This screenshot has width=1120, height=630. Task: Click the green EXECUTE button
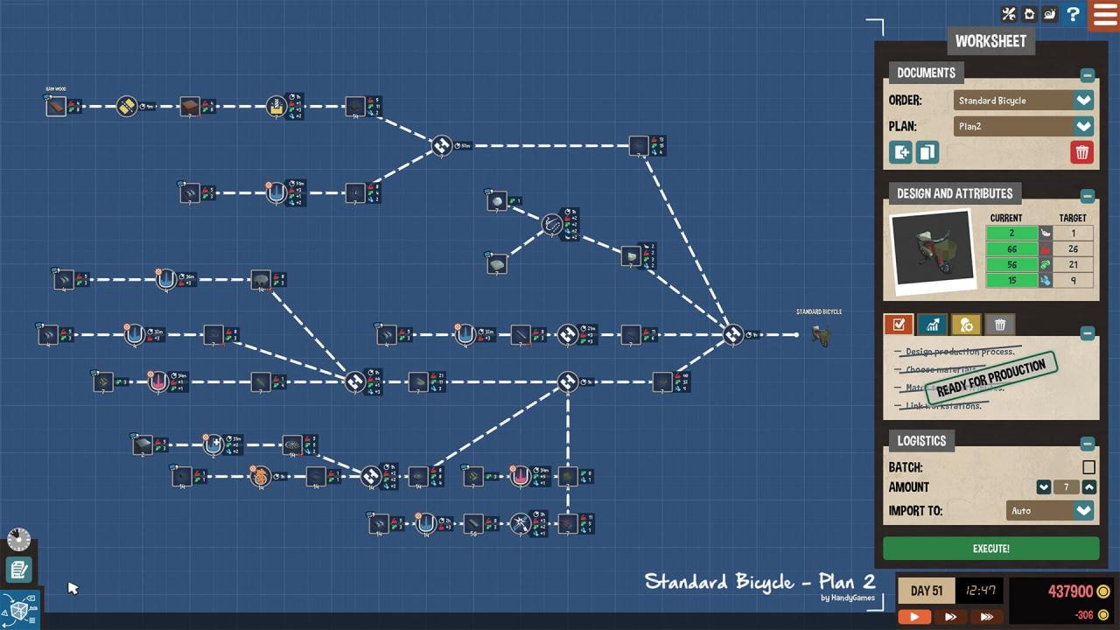coord(990,549)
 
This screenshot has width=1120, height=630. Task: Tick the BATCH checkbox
coord(1088,467)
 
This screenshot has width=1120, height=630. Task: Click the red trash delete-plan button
coord(1081,152)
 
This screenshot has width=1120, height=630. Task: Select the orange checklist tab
coord(899,325)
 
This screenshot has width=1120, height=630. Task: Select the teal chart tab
coord(932,325)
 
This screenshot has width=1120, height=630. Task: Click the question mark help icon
coord(1073,14)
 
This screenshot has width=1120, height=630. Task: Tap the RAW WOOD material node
coord(56,107)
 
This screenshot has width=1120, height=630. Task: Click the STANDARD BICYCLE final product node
coord(820,335)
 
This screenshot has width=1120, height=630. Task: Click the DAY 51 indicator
coord(926,591)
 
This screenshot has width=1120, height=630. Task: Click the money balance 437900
coord(1069,591)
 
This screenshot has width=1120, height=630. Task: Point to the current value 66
coord(1011,249)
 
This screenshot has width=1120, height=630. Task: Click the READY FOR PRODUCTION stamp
coord(990,378)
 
